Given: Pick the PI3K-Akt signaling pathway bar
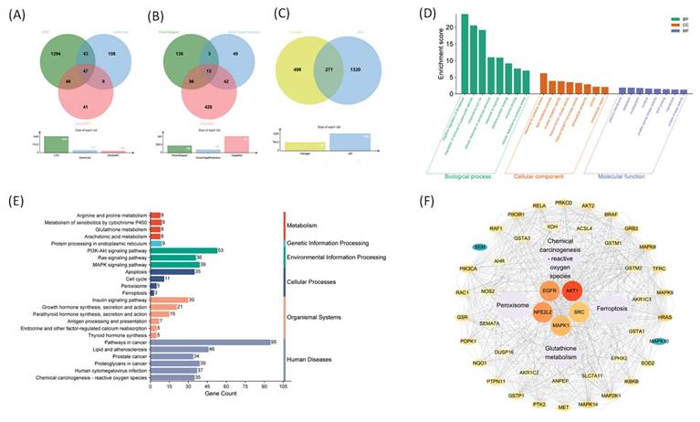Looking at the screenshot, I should click(x=183, y=275).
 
